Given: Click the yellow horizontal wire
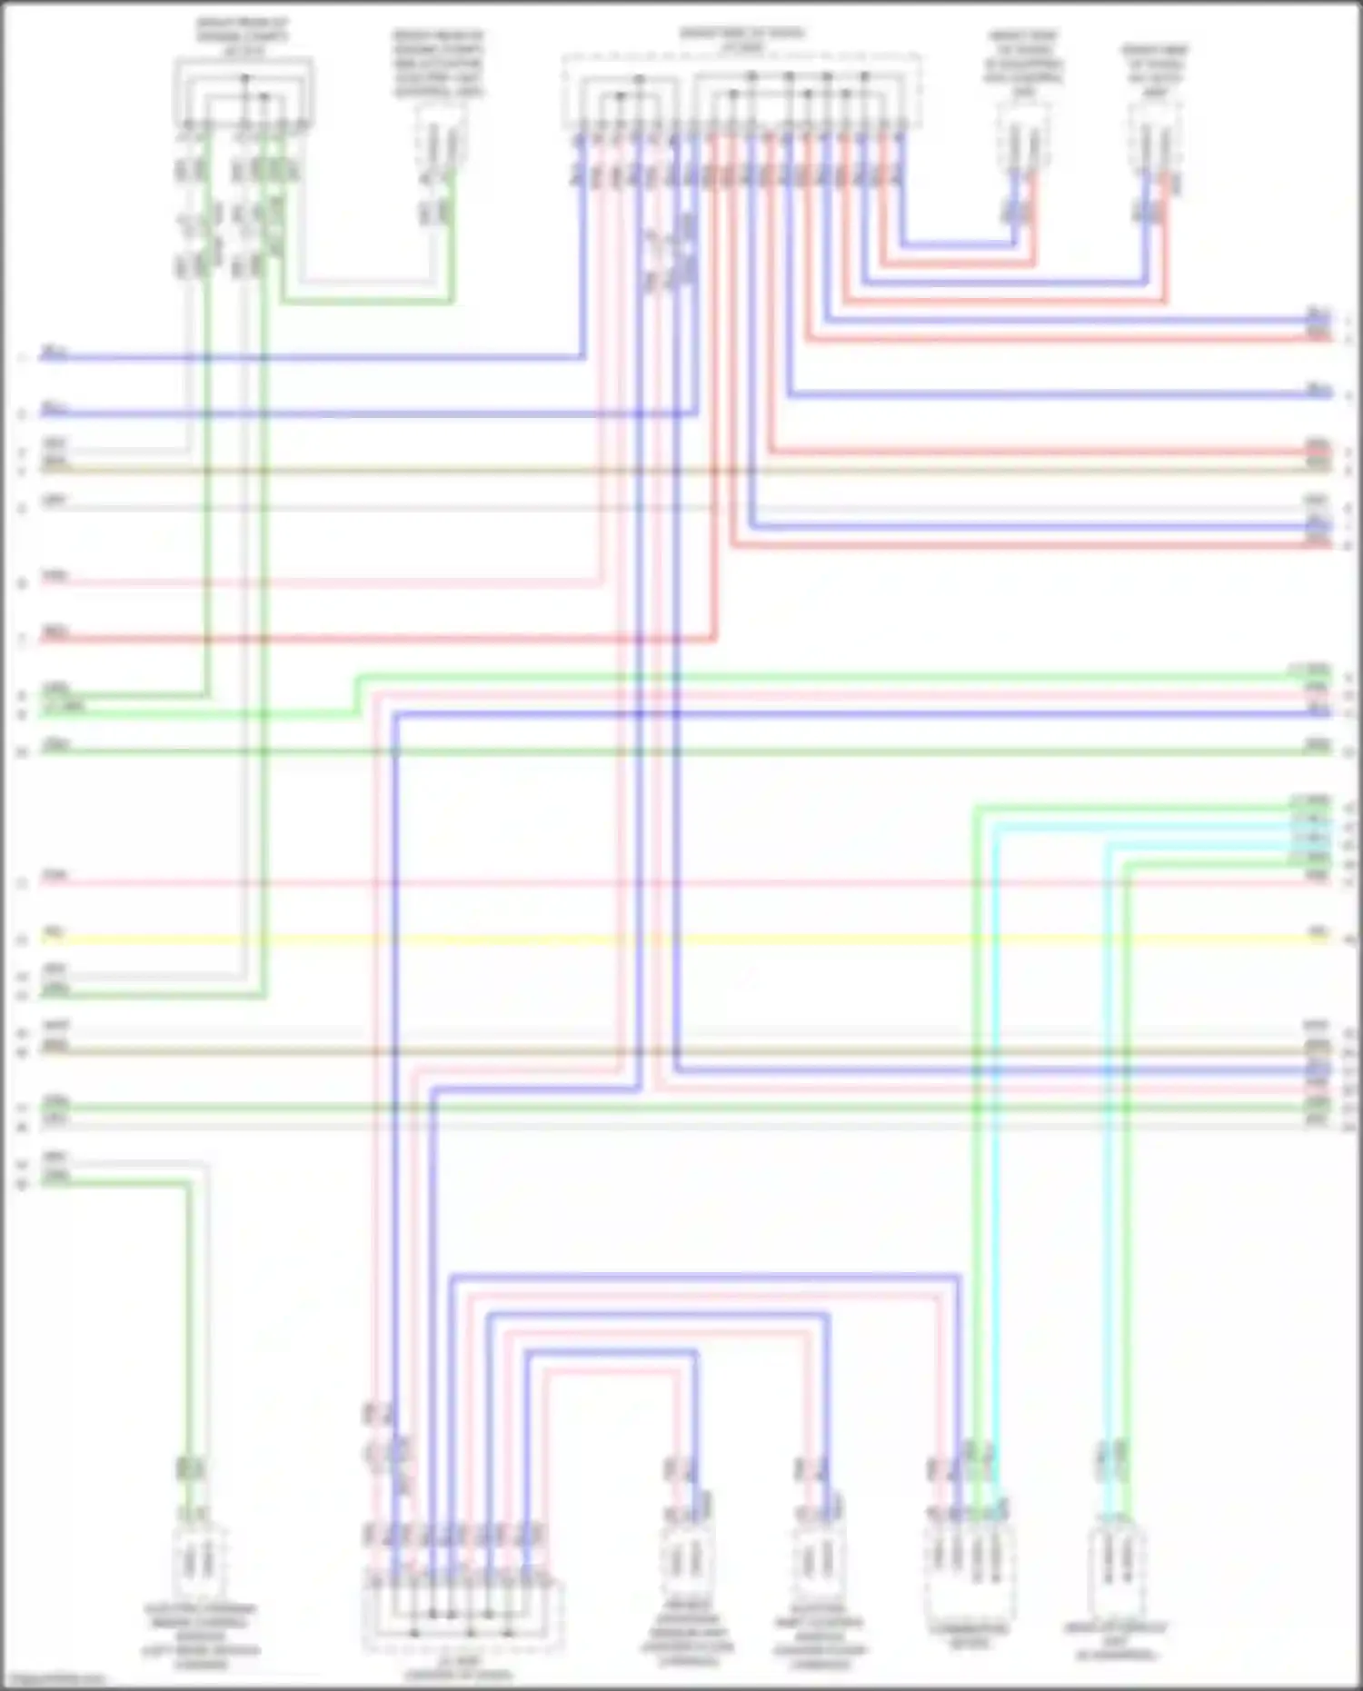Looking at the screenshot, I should [681, 939].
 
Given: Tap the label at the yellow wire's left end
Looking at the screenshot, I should [54, 932].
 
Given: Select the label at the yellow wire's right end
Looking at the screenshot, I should [1318, 932].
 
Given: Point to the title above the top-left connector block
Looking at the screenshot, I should [243, 36].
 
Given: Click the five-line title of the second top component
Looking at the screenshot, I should [438, 64].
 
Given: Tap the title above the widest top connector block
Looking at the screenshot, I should [741, 39].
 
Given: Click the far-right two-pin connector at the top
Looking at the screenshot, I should [1155, 136].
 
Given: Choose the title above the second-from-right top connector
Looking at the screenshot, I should [1023, 64].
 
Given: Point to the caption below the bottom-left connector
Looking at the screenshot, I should [201, 1636].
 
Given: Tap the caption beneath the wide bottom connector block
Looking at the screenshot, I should [459, 1668].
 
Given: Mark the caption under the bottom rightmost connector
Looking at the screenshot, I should [1115, 1641].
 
